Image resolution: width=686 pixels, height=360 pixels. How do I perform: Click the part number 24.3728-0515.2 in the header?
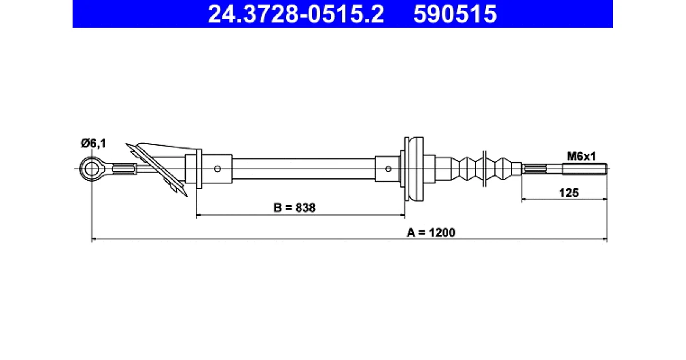coord(296,14)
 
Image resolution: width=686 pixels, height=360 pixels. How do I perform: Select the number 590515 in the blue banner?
coord(455,14)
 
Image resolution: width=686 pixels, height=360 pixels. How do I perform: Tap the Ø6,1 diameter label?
coord(93,143)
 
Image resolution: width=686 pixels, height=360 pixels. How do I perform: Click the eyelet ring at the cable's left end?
coord(91,169)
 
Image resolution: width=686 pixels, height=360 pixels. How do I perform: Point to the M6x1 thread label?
coord(581,157)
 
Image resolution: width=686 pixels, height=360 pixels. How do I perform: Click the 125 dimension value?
coord(569,193)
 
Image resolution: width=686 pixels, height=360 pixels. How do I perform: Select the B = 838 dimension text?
coord(294,208)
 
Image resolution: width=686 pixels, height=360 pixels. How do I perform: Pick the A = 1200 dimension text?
coord(431,233)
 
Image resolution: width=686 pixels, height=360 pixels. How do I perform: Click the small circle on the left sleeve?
coord(217,169)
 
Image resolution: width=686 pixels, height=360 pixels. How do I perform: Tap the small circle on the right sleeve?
coord(388,169)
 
